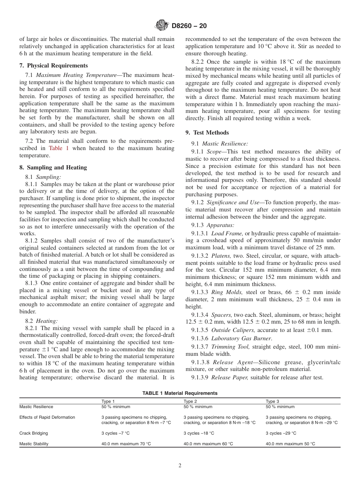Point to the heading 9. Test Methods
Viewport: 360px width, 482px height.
point(207,133)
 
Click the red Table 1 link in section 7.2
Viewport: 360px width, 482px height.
point(59,148)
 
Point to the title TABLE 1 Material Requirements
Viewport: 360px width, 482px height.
point(180,393)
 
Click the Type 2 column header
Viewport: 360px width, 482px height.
point(190,401)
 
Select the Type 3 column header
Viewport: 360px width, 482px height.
point(272,401)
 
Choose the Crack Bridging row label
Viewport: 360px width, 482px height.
point(34,433)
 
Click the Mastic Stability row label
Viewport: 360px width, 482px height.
point(34,444)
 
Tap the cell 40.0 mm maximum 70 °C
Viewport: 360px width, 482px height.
point(126,444)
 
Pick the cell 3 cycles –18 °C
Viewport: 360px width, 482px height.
point(199,433)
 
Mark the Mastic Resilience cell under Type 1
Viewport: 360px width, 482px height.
point(116,407)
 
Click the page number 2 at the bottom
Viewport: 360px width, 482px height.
point(180,466)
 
